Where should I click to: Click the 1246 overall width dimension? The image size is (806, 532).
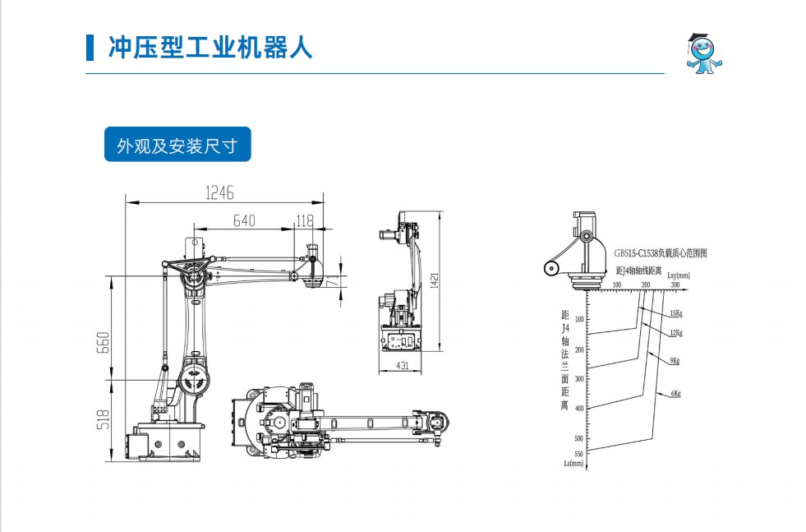(x=219, y=192)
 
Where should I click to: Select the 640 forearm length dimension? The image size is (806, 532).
(x=244, y=220)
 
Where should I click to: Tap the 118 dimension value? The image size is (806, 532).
(x=304, y=220)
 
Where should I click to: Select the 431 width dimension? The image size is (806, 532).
(x=403, y=365)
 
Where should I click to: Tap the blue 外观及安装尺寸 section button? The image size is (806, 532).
(x=177, y=146)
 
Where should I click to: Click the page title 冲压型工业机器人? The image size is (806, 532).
(x=210, y=47)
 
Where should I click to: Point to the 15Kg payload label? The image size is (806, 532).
(x=675, y=313)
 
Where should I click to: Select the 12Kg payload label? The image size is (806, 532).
(x=675, y=332)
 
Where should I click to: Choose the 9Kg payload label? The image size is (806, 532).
(x=675, y=361)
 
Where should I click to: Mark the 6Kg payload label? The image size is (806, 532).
(x=675, y=393)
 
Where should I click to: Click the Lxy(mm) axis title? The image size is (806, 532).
(x=678, y=275)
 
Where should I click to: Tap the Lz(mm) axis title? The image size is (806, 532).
(x=573, y=463)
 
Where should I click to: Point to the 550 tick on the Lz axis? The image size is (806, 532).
(x=578, y=453)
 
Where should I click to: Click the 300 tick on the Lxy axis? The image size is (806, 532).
(x=675, y=285)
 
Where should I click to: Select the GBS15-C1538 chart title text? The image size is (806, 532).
(x=660, y=253)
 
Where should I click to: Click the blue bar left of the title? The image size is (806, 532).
(x=90, y=47)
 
